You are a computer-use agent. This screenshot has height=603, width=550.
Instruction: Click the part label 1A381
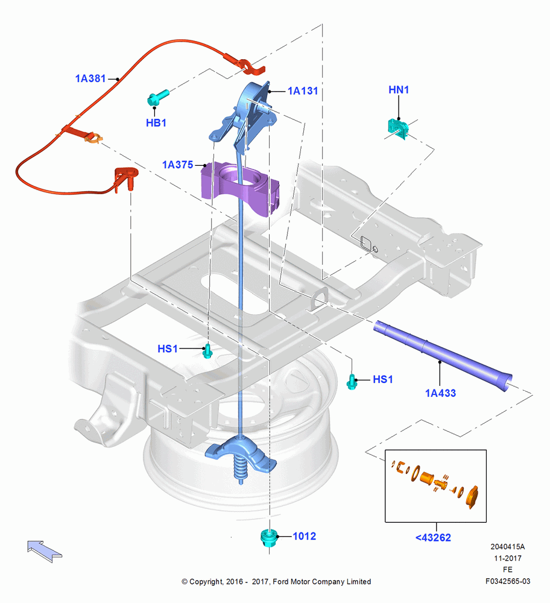(90, 78)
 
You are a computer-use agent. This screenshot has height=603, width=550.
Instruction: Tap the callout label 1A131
(303, 91)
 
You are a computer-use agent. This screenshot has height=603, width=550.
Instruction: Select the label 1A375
(177, 165)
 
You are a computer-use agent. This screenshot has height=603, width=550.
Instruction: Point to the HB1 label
(156, 122)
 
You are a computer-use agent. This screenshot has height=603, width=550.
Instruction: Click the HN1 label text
(399, 90)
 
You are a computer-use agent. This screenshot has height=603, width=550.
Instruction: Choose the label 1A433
(440, 393)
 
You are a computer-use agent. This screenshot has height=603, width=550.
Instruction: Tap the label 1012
(304, 536)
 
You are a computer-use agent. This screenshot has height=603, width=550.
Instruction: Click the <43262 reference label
(433, 538)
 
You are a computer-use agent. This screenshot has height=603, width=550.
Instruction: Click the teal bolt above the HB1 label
(157, 98)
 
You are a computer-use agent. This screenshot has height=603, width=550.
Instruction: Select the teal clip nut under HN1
(399, 129)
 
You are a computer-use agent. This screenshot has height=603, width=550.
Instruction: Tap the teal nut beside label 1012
(269, 537)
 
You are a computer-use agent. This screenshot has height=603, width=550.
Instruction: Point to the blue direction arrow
(45, 551)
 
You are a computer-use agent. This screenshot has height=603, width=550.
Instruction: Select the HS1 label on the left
(168, 349)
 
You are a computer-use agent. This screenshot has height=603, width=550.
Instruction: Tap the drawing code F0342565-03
(508, 581)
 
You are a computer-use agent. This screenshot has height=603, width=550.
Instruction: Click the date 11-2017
(508, 558)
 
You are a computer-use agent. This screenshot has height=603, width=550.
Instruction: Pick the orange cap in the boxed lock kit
(472, 497)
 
